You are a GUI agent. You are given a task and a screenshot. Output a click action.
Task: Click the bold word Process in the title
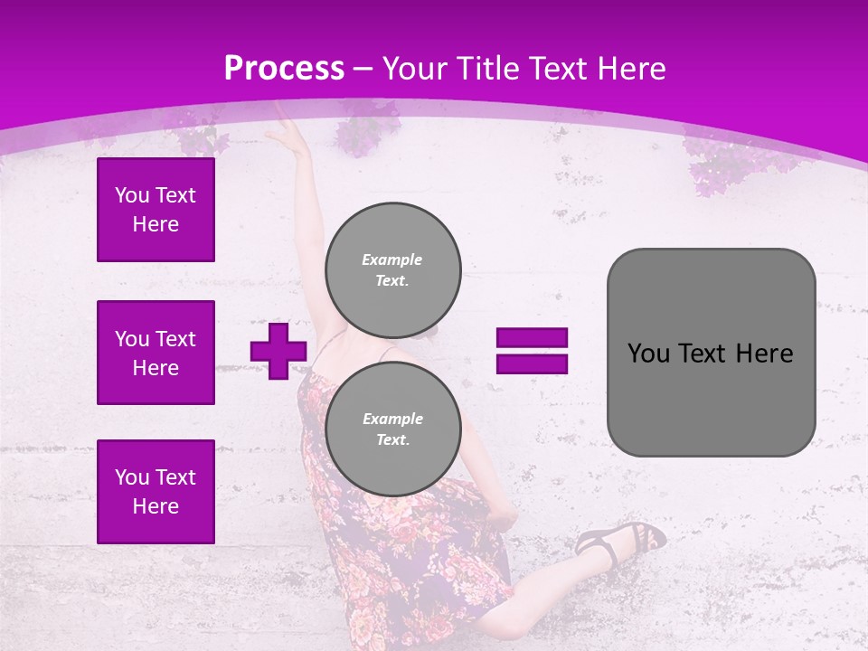pos(284,69)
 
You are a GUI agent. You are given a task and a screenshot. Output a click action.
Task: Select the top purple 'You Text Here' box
pos(156,210)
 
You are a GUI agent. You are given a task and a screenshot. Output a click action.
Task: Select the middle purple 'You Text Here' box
pos(156,353)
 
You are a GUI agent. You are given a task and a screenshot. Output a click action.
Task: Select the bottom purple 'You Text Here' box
pos(156,492)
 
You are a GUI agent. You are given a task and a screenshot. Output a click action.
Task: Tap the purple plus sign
pos(278,351)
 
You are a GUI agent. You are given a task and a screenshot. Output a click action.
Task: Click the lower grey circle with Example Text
pos(392,429)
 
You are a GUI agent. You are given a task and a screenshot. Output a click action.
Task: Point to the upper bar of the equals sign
pos(532,338)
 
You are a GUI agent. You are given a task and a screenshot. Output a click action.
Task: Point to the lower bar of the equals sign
pos(532,364)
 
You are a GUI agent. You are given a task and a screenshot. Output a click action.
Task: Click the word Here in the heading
pos(629,69)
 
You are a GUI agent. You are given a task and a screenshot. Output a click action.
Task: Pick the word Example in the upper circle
pos(392,259)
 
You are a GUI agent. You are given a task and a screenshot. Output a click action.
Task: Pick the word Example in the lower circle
pos(392,419)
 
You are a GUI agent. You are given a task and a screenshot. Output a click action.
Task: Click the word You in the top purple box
pos(132,195)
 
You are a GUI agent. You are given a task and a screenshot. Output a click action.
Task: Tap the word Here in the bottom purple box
pos(156,506)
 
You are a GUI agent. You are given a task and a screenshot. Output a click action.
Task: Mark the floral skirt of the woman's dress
pos(407,561)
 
